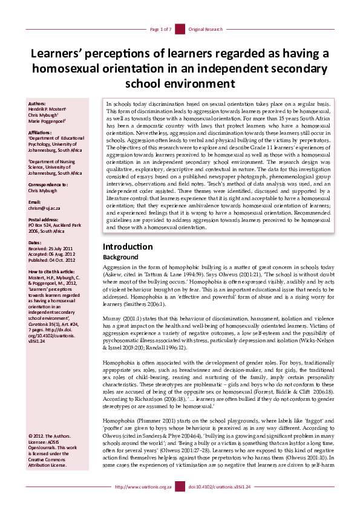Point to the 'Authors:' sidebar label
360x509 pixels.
point(37,104)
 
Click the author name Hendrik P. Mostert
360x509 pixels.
point(47,109)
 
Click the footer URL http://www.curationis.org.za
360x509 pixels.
point(142,502)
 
